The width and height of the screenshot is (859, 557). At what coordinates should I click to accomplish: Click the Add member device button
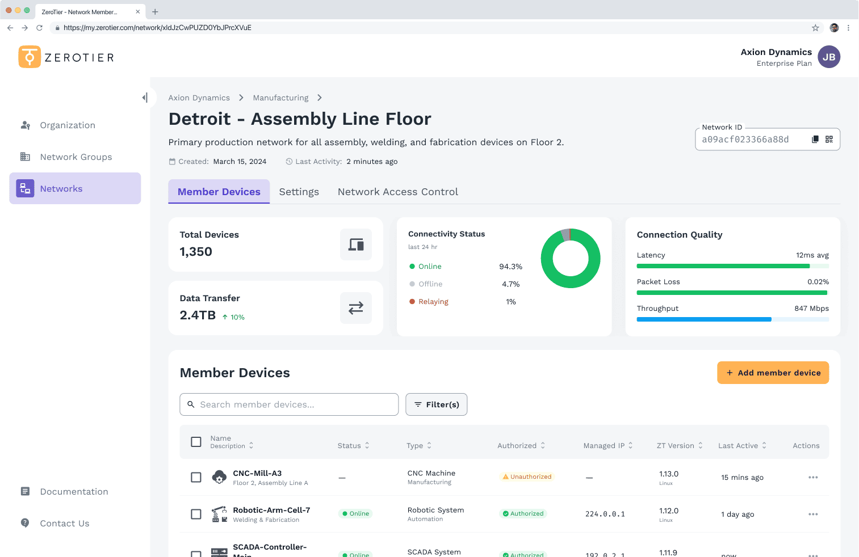click(773, 373)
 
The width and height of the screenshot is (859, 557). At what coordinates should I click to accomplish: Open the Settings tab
click(299, 192)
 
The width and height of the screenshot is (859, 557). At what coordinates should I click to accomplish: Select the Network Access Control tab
click(397, 192)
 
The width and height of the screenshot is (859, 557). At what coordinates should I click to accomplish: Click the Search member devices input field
click(289, 404)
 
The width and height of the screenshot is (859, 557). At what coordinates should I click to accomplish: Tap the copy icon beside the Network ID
click(815, 140)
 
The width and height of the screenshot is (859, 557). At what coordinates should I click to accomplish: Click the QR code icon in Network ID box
click(829, 140)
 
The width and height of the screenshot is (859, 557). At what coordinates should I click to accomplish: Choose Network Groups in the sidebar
click(76, 157)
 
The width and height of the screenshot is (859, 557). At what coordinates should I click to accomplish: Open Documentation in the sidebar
click(74, 492)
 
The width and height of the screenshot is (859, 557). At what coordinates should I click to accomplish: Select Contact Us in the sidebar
click(64, 524)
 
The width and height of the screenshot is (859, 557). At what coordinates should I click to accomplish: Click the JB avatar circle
click(829, 57)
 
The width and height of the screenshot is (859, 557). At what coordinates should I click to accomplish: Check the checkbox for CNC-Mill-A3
click(196, 478)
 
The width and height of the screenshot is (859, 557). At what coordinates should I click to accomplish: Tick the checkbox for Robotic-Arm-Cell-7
click(196, 514)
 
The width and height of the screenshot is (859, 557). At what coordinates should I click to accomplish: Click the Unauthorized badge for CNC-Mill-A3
click(527, 477)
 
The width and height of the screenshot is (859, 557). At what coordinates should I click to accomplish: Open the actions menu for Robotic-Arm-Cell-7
click(813, 514)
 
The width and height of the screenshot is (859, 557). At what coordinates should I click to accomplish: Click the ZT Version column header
click(679, 446)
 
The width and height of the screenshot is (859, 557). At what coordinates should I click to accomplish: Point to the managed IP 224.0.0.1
click(605, 514)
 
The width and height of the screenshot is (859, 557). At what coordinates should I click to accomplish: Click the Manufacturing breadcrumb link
click(280, 98)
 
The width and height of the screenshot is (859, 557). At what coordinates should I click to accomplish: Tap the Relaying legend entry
click(433, 302)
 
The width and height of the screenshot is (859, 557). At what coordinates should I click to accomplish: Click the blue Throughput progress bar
click(704, 319)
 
